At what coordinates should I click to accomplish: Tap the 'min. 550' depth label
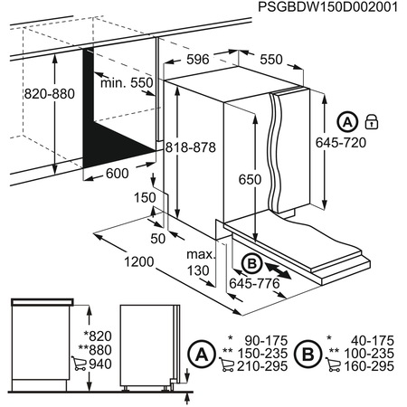click(x=128, y=83)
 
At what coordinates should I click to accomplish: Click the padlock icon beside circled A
click(x=370, y=121)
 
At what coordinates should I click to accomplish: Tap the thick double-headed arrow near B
click(x=277, y=269)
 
